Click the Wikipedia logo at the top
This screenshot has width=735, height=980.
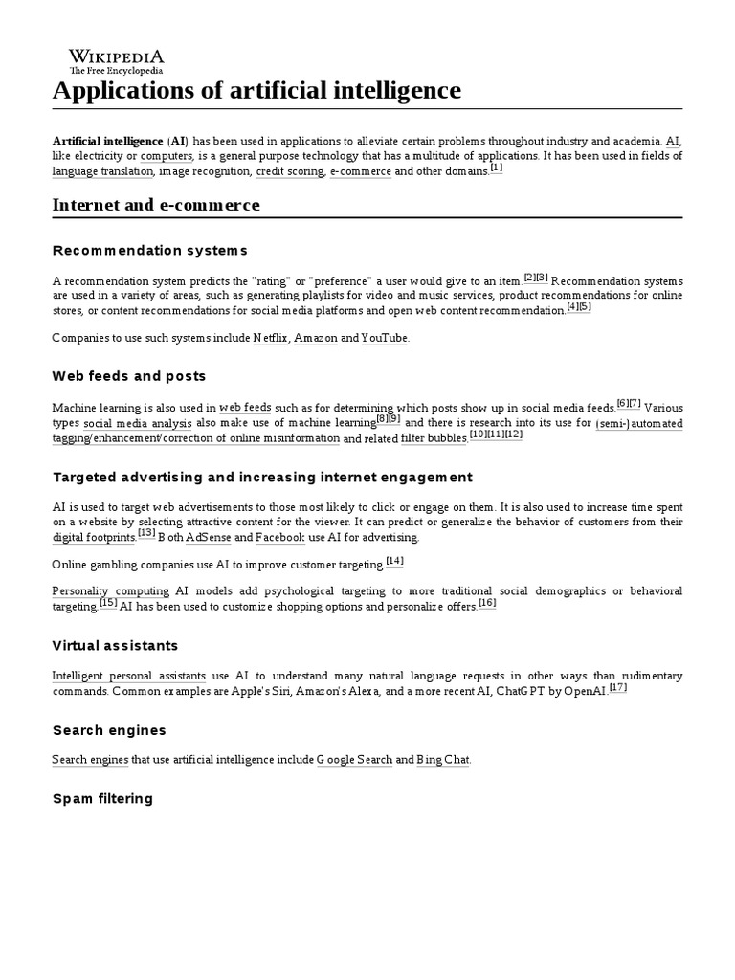tap(115, 61)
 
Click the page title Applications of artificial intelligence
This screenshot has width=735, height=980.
tap(256, 91)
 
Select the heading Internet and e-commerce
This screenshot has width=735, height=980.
tap(156, 205)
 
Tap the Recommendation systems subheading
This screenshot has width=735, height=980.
tap(149, 251)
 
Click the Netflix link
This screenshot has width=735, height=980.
tap(270, 339)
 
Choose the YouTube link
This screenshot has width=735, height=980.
tap(385, 339)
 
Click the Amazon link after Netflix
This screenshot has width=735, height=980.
tap(315, 339)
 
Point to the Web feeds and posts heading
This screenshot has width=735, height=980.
tap(129, 376)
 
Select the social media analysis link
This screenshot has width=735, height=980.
tap(137, 423)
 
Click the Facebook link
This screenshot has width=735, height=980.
tap(279, 538)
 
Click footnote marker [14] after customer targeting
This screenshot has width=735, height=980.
tap(394, 561)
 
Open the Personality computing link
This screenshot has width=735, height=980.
tap(110, 591)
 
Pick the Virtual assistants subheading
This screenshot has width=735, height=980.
tap(115, 646)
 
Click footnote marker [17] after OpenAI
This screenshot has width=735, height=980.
tap(617, 688)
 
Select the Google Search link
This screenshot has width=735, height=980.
tap(355, 760)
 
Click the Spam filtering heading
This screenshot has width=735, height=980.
tap(102, 798)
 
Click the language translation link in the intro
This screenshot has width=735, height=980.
tap(102, 172)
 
